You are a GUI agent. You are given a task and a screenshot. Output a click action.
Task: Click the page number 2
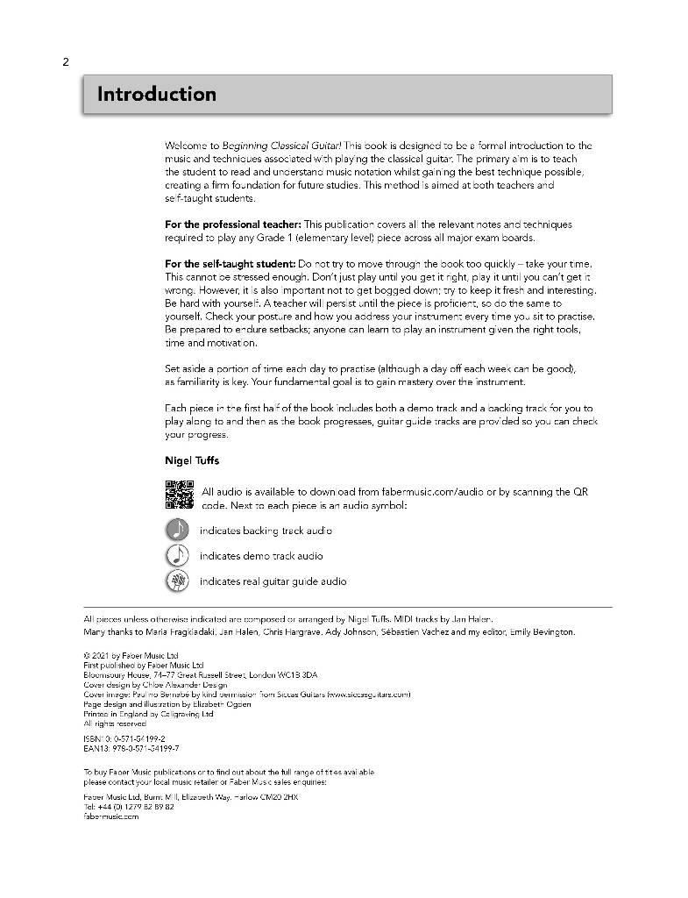pyautogui.click(x=66, y=61)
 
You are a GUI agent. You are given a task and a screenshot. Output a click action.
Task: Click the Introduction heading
pyautogui.click(x=156, y=94)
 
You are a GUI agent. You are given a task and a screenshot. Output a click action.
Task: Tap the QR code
pyautogui.click(x=179, y=496)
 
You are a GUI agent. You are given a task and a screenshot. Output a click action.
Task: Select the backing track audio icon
pyautogui.click(x=177, y=530)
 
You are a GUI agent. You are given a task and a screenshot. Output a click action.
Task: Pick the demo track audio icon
pyautogui.click(x=177, y=555)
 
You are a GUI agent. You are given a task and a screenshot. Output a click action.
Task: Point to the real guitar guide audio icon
pyautogui.click(x=177, y=581)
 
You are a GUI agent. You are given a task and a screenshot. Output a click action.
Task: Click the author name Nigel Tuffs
pyautogui.click(x=192, y=460)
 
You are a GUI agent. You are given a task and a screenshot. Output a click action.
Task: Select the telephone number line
pyautogui.click(x=129, y=806)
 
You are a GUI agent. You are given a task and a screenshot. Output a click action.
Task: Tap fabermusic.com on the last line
pyautogui.click(x=111, y=816)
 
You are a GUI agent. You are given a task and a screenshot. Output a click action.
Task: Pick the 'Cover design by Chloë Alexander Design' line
pyautogui.click(x=154, y=685)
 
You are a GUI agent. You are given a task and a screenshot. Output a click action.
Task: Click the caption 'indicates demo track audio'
pyautogui.click(x=260, y=556)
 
